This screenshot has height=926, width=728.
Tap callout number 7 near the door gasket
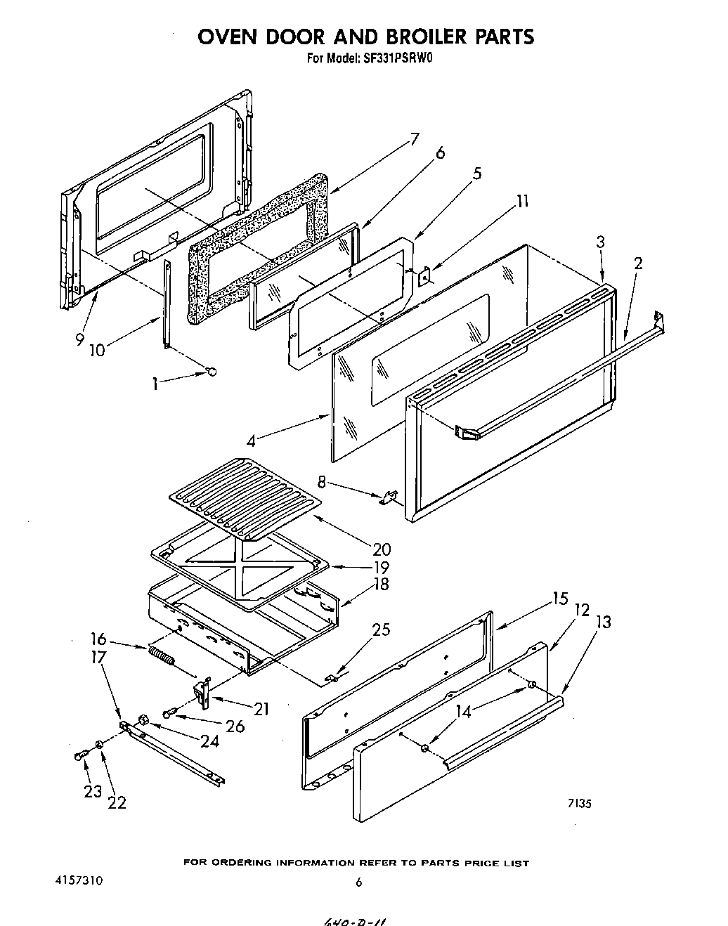pyautogui.click(x=414, y=138)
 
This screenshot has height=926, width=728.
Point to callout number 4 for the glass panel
pyautogui.click(x=251, y=441)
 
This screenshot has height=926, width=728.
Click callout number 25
pyautogui.click(x=381, y=630)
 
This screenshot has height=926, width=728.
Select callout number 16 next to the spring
pyautogui.click(x=98, y=639)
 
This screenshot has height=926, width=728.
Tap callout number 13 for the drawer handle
pyautogui.click(x=602, y=622)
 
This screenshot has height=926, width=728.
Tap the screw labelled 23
pyautogui.click(x=79, y=755)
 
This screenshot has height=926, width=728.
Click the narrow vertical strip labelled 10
pyautogui.click(x=167, y=304)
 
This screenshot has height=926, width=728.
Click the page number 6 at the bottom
pyautogui.click(x=358, y=882)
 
